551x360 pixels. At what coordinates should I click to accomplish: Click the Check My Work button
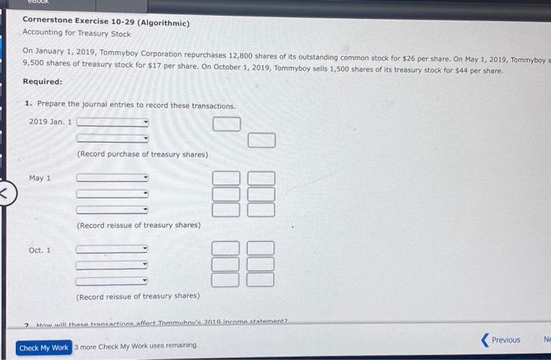(x=43, y=347)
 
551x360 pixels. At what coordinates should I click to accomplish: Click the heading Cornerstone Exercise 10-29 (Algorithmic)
(x=105, y=22)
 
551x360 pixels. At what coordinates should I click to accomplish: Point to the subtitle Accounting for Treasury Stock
(x=76, y=34)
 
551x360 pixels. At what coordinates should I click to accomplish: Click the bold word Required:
(x=43, y=82)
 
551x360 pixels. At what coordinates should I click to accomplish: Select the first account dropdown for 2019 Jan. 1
(x=112, y=123)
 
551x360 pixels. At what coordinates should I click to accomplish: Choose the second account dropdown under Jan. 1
(x=112, y=139)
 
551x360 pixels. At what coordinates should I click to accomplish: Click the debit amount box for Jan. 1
(x=226, y=124)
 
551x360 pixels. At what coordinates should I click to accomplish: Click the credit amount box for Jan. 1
(x=262, y=140)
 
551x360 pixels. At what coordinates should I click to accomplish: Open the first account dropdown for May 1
(x=112, y=178)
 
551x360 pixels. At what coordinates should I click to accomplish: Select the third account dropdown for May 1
(x=112, y=210)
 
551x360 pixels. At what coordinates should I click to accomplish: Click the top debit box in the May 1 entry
(x=226, y=179)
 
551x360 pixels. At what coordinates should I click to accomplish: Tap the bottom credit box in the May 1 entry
(x=262, y=210)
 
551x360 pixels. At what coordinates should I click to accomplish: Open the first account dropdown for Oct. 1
(x=112, y=250)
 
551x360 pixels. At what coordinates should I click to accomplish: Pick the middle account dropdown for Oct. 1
(x=112, y=265)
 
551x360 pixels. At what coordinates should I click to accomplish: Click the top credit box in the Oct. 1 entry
(x=262, y=249)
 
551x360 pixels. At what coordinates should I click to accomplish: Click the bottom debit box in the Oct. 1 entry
(x=226, y=280)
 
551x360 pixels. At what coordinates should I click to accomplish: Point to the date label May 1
(x=40, y=178)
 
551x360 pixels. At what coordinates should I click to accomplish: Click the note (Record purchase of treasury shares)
(x=142, y=154)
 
